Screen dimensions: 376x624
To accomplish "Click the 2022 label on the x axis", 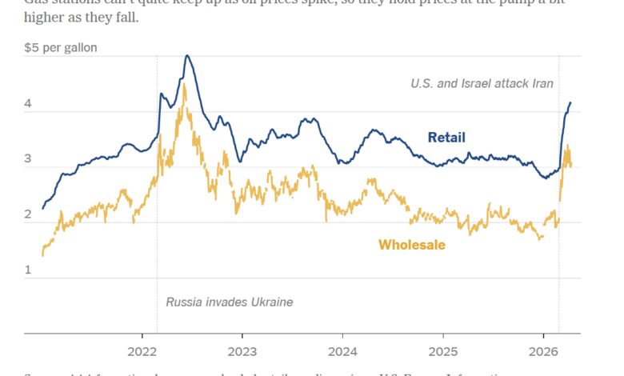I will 142,350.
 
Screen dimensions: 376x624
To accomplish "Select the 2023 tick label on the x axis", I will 242,350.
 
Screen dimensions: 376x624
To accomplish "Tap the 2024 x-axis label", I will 342,350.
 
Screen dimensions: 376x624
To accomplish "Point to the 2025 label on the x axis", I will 442,350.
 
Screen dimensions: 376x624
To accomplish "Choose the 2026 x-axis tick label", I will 543,350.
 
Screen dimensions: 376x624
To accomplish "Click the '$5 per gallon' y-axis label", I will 62,48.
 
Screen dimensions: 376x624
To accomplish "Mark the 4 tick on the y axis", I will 28,104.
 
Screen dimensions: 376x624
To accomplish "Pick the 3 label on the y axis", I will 28,159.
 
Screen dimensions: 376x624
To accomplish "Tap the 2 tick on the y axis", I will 28,214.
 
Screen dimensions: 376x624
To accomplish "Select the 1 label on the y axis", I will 28,270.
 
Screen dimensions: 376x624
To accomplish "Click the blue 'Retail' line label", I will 446,138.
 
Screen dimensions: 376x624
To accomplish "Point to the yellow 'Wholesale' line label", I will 411,245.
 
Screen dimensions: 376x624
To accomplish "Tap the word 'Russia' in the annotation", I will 184,302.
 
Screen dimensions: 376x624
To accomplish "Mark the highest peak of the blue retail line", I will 186,55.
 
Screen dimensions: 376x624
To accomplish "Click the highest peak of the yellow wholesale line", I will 185,83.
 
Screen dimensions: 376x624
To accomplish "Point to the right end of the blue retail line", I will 570,102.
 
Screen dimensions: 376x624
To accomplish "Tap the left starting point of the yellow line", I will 42,255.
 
